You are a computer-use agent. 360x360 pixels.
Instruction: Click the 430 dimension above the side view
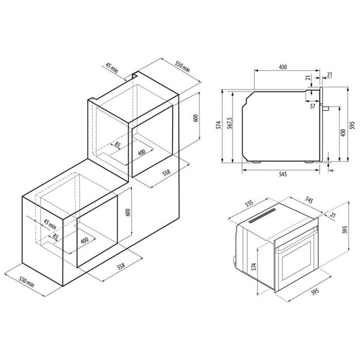coord(283,67)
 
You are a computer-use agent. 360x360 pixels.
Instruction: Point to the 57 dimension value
coord(313,106)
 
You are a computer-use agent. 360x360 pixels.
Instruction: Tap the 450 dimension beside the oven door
coord(343,133)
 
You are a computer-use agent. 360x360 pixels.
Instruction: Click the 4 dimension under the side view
coord(332,170)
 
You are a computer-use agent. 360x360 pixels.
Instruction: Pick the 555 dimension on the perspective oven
coord(249,204)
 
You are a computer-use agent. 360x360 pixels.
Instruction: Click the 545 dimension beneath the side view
coord(283,174)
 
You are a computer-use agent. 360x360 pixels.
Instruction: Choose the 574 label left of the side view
coord(219,125)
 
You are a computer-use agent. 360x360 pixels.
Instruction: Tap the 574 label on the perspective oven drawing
coord(254,267)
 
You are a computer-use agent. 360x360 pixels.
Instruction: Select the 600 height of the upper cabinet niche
coord(195,118)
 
